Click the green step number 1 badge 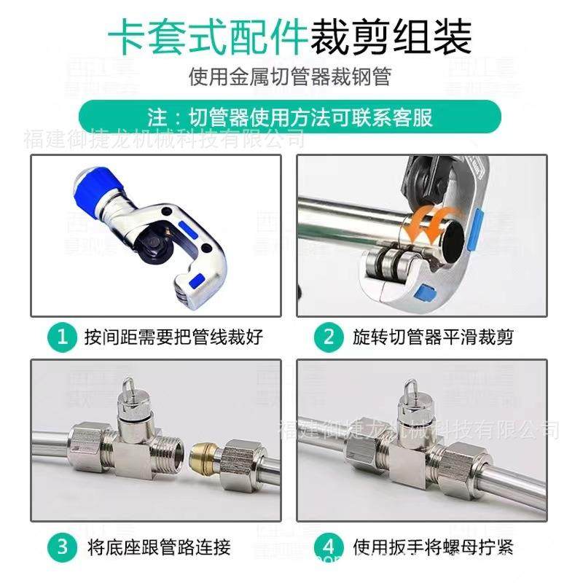point(62,337)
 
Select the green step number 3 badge point(62,546)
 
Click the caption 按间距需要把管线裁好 point(173,337)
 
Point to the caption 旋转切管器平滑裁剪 point(433,337)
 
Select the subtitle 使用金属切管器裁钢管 point(291,76)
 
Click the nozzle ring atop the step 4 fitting point(410,384)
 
